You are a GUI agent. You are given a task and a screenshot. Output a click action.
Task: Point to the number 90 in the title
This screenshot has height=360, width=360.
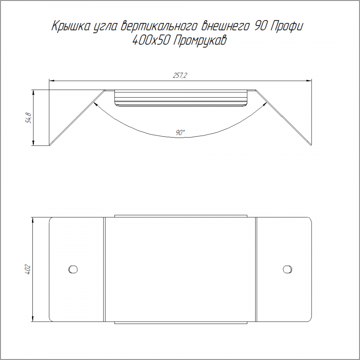click(260, 26)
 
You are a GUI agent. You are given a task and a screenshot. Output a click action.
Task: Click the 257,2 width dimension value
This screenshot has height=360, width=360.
click(180, 76)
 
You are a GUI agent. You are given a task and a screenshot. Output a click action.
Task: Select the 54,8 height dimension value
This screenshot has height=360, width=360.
click(29, 118)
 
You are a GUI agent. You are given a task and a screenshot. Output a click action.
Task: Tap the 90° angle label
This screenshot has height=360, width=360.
click(180, 132)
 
